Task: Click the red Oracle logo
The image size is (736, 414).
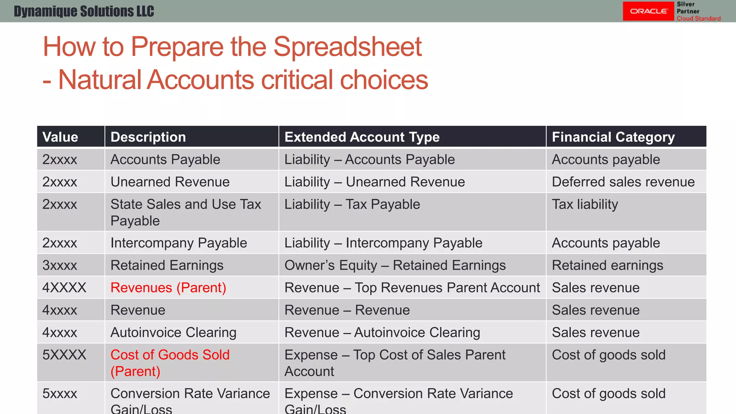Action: (648, 11)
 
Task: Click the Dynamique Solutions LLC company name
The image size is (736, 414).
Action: (84, 11)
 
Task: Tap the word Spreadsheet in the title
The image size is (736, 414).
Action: (347, 47)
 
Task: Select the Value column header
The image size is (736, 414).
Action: (60, 137)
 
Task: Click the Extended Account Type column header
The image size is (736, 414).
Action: (362, 137)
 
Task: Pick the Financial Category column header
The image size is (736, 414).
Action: (613, 137)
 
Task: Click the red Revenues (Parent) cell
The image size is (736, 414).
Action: (168, 287)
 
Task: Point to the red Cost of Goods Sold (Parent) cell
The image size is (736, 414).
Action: (170, 363)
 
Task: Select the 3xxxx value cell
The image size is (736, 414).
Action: (60, 265)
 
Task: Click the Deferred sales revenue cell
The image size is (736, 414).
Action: (623, 182)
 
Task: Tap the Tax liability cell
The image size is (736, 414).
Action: (585, 204)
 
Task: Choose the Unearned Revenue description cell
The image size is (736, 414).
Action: (170, 182)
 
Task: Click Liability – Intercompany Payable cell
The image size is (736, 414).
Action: (383, 243)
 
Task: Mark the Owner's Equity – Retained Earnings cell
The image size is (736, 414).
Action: (395, 265)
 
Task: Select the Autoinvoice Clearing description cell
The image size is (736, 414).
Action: (173, 332)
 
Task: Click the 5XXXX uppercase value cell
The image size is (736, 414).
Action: (64, 355)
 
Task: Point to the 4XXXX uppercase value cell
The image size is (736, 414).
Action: (64, 287)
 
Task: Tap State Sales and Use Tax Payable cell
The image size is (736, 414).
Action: (185, 212)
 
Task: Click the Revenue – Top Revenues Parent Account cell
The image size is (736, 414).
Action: (412, 287)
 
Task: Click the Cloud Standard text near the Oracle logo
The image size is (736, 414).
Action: (698, 18)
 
